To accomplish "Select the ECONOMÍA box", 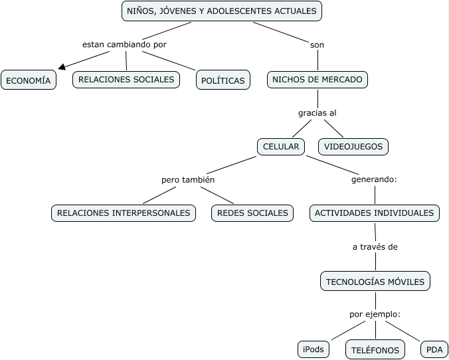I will tap(28, 80).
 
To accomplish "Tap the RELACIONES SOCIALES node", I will tap(126, 80).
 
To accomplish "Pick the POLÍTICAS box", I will tap(223, 80).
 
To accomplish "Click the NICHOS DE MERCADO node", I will tap(317, 80).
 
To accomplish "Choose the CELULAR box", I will tap(281, 146).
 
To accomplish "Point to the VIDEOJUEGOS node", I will tap(353, 146).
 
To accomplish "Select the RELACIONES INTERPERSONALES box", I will tap(124, 213).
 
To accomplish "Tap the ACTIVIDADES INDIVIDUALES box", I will tap(374, 213).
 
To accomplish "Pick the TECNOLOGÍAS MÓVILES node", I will tap(375, 282).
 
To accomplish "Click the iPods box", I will tap(314, 349).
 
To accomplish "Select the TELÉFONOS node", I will tap(375, 349).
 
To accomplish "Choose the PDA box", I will tap(434, 349).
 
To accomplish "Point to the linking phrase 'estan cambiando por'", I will tap(124, 45).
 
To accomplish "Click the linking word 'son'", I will tap(317, 45).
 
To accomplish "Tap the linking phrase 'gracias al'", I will tap(317, 113).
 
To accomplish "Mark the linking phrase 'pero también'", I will tap(188, 179).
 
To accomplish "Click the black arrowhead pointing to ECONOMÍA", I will tap(62, 66).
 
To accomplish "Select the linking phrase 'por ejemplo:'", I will tap(375, 314).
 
